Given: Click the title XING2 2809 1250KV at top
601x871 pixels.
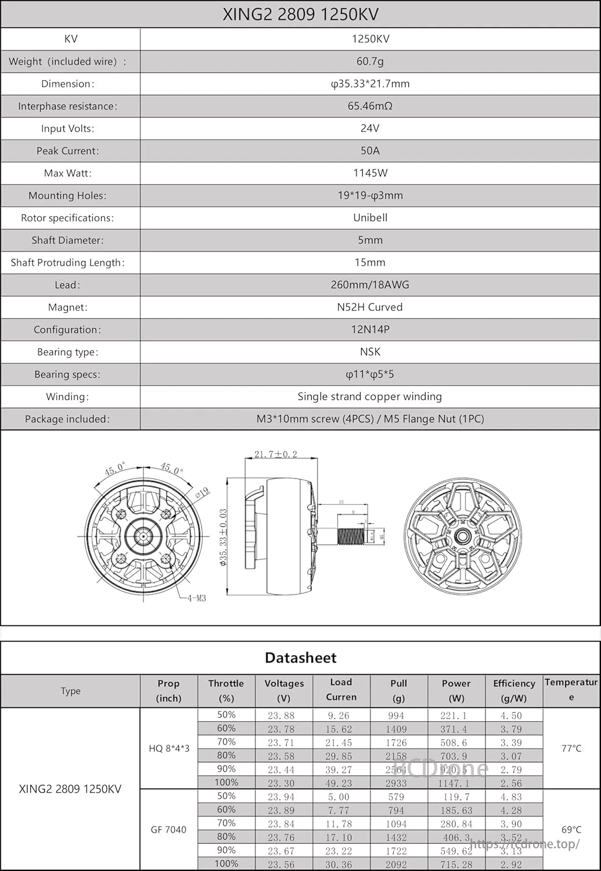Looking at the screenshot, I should (300, 15).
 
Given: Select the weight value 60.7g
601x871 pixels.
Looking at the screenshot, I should (370, 61).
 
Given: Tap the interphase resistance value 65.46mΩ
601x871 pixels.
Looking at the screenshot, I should (370, 106).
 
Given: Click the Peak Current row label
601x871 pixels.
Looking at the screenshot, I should (68, 151).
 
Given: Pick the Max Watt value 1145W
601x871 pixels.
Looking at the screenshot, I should (370, 173).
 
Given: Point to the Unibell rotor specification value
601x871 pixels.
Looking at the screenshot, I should (370, 218).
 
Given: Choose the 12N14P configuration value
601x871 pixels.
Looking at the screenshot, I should (370, 329).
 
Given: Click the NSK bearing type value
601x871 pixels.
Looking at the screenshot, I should (370, 352).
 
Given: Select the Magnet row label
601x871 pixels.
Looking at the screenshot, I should (68, 307).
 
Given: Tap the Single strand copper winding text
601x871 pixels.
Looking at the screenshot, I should (370, 397).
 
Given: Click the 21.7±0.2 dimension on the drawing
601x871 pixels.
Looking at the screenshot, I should (276, 454).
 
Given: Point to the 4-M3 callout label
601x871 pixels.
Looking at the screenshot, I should (196, 598).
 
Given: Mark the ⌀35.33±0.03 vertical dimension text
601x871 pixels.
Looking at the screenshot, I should (224, 537).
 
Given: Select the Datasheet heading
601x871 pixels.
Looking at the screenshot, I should (300, 658).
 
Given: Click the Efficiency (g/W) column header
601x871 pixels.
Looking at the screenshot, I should (514, 690).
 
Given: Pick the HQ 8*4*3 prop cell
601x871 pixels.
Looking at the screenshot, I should (169, 748).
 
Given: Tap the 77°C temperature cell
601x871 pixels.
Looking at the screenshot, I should (571, 748).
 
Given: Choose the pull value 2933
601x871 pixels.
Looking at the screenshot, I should (397, 783).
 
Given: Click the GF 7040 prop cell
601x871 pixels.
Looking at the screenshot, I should (169, 830).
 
